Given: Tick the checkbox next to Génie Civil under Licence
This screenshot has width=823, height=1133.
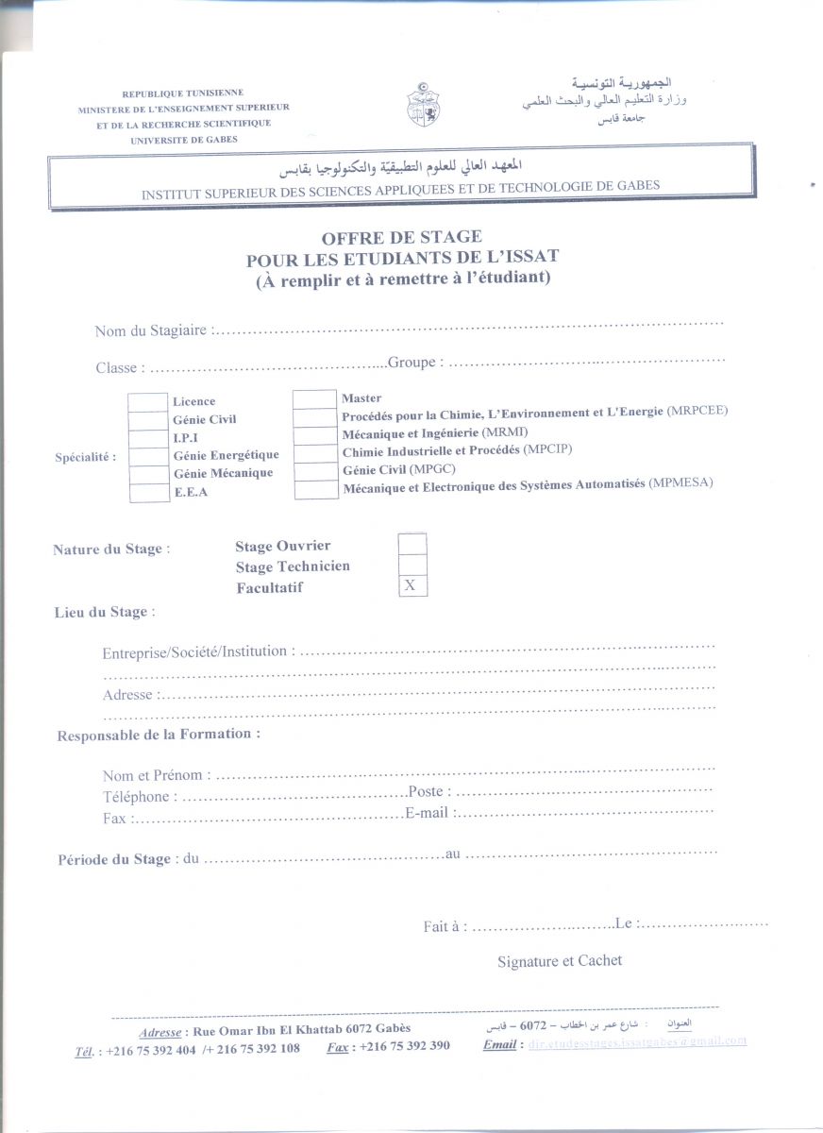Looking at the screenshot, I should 147,420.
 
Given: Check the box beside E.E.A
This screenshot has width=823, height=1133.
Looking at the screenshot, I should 147,492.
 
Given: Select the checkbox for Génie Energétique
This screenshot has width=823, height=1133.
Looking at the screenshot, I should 147,456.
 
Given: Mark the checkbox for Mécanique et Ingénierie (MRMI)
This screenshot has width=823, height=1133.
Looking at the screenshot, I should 314,434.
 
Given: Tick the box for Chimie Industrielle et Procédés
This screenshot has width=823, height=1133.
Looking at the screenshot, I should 314,452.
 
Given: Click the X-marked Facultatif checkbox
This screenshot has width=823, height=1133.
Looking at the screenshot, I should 411,586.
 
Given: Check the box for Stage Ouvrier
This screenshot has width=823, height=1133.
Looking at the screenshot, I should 411,545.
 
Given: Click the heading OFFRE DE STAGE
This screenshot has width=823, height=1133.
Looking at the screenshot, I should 401,237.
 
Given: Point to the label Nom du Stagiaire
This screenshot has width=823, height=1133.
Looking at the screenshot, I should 151,330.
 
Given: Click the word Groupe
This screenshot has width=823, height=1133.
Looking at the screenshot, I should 411,363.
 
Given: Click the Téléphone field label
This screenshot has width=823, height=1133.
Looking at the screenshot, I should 136,797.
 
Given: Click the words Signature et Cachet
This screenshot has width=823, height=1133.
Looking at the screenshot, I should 560,961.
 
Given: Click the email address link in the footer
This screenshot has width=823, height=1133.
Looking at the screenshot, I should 637,1041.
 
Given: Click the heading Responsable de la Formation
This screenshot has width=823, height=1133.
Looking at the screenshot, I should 159,735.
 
